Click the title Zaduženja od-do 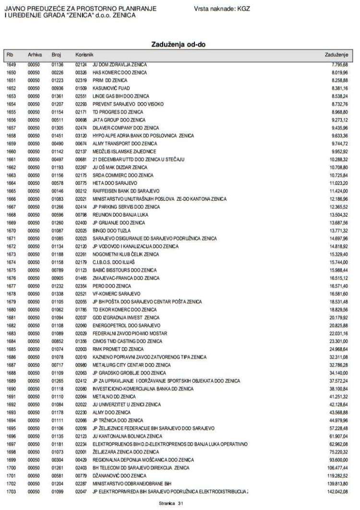(x=179, y=44)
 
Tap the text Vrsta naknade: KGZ (x=222, y=9)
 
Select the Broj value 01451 (x=58, y=135)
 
